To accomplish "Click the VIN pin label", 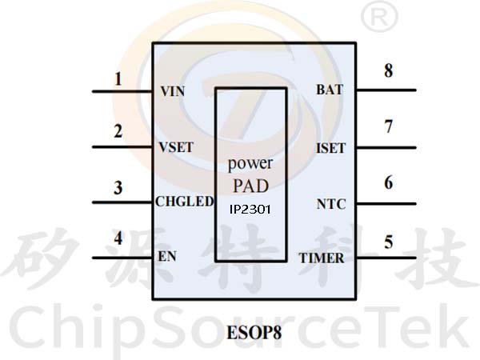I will tap(172, 91).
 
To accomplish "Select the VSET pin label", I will tap(176, 147).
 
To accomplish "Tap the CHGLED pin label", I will tap(184, 202).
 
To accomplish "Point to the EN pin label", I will tap(167, 258).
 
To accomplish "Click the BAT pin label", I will tap(330, 90).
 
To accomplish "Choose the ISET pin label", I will tap(330, 147).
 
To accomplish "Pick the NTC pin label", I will tap(331, 204).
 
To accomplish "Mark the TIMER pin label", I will tap(322, 258).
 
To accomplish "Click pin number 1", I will tap(118, 79).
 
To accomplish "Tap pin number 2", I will tap(118, 132).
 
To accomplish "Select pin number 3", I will tap(118, 189).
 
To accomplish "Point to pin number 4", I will tap(118, 238).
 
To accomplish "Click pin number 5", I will tap(388, 242).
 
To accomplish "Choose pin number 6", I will tap(388, 183).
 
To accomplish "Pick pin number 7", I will tap(388, 126).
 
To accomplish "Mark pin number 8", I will tap(388, 70).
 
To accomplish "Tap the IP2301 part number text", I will tap(250, 210).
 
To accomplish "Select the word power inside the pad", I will tap(250, 164).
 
